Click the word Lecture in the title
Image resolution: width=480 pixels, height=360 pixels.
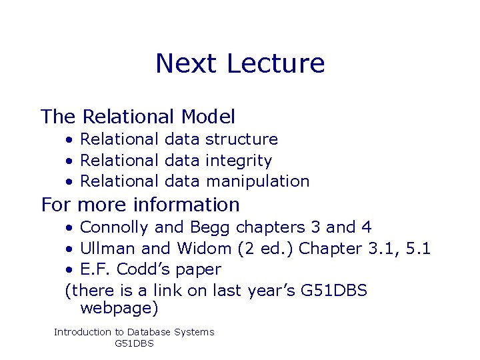275,63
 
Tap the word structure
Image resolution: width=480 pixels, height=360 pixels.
241,139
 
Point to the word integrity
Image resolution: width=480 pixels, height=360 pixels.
239,161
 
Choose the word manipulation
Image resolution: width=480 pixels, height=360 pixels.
258,181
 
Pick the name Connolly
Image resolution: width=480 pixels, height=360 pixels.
114,227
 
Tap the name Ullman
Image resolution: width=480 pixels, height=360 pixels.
109,249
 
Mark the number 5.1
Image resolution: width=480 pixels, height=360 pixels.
417,249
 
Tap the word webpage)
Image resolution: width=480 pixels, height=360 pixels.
119,309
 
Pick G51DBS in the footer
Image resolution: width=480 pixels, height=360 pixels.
134,344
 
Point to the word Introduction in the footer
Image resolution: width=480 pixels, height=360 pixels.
83,332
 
